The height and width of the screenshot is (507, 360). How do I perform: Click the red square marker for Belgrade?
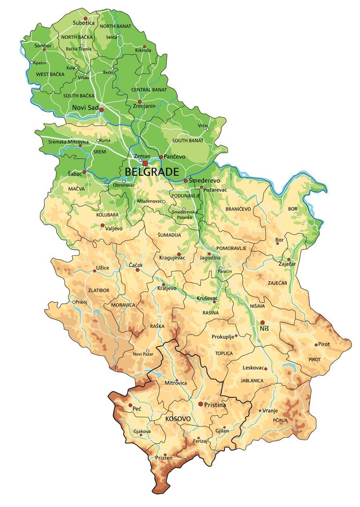[145, 164]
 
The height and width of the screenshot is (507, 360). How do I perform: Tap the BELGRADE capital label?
[151, 172]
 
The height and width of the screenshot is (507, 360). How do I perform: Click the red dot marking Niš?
[262, 322]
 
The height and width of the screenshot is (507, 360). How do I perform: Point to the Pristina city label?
[215, 405]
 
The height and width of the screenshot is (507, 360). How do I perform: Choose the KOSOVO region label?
[178, 418]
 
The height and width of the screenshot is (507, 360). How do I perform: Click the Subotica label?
[83, 22]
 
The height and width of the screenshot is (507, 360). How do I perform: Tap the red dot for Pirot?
[316, 344]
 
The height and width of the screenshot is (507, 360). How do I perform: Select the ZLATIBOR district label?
[98, 291]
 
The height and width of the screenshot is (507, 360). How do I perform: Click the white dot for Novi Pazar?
[147, 350]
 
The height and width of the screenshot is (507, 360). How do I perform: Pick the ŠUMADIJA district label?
[169, 235]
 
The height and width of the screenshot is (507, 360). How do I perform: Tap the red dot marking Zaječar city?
[289, 259]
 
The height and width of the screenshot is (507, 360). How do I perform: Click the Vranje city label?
[270, 410]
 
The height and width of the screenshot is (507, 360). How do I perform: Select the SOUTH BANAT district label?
[187, 141]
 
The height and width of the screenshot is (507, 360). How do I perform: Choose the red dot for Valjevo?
[103, 225]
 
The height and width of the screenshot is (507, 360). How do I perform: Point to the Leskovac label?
[253, 368]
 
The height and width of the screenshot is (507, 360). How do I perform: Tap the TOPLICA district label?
[224, 353]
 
